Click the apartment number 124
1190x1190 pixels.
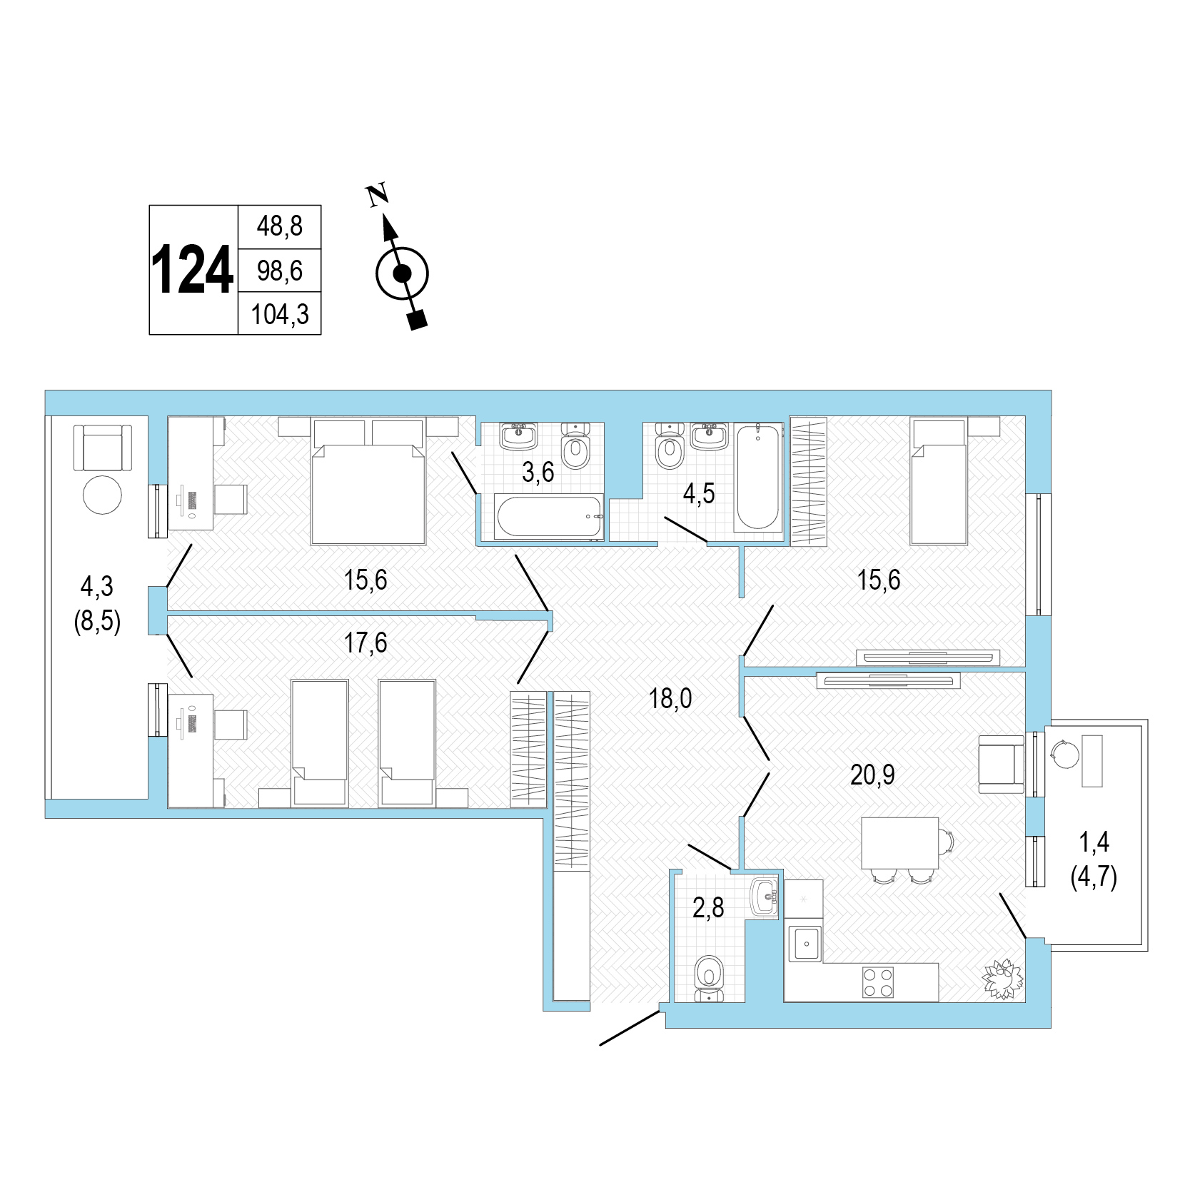[x=192, y=271]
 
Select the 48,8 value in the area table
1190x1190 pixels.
[x=279, y=226]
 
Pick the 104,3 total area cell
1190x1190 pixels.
[x=280, y=314]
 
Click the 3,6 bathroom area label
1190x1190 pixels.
[x=538, y=472]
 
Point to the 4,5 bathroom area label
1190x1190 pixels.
[x=698, y=493]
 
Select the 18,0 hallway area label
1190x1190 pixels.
[x=670, y=699]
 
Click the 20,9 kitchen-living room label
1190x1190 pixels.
[x=872, y=775]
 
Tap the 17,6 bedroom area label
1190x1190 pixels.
[x=365, y=643]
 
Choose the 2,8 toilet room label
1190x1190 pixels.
[x=708, y=908]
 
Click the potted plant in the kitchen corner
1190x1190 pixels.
[x=1003, y=979]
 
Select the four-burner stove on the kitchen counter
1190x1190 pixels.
[x=878, y=982]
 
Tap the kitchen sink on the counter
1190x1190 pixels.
[x=805, y=943]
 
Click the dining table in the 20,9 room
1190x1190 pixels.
[x=899, y=843]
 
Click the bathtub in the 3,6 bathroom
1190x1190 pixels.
[x=549, y=517]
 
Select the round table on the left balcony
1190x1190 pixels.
[x=103, y=495]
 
